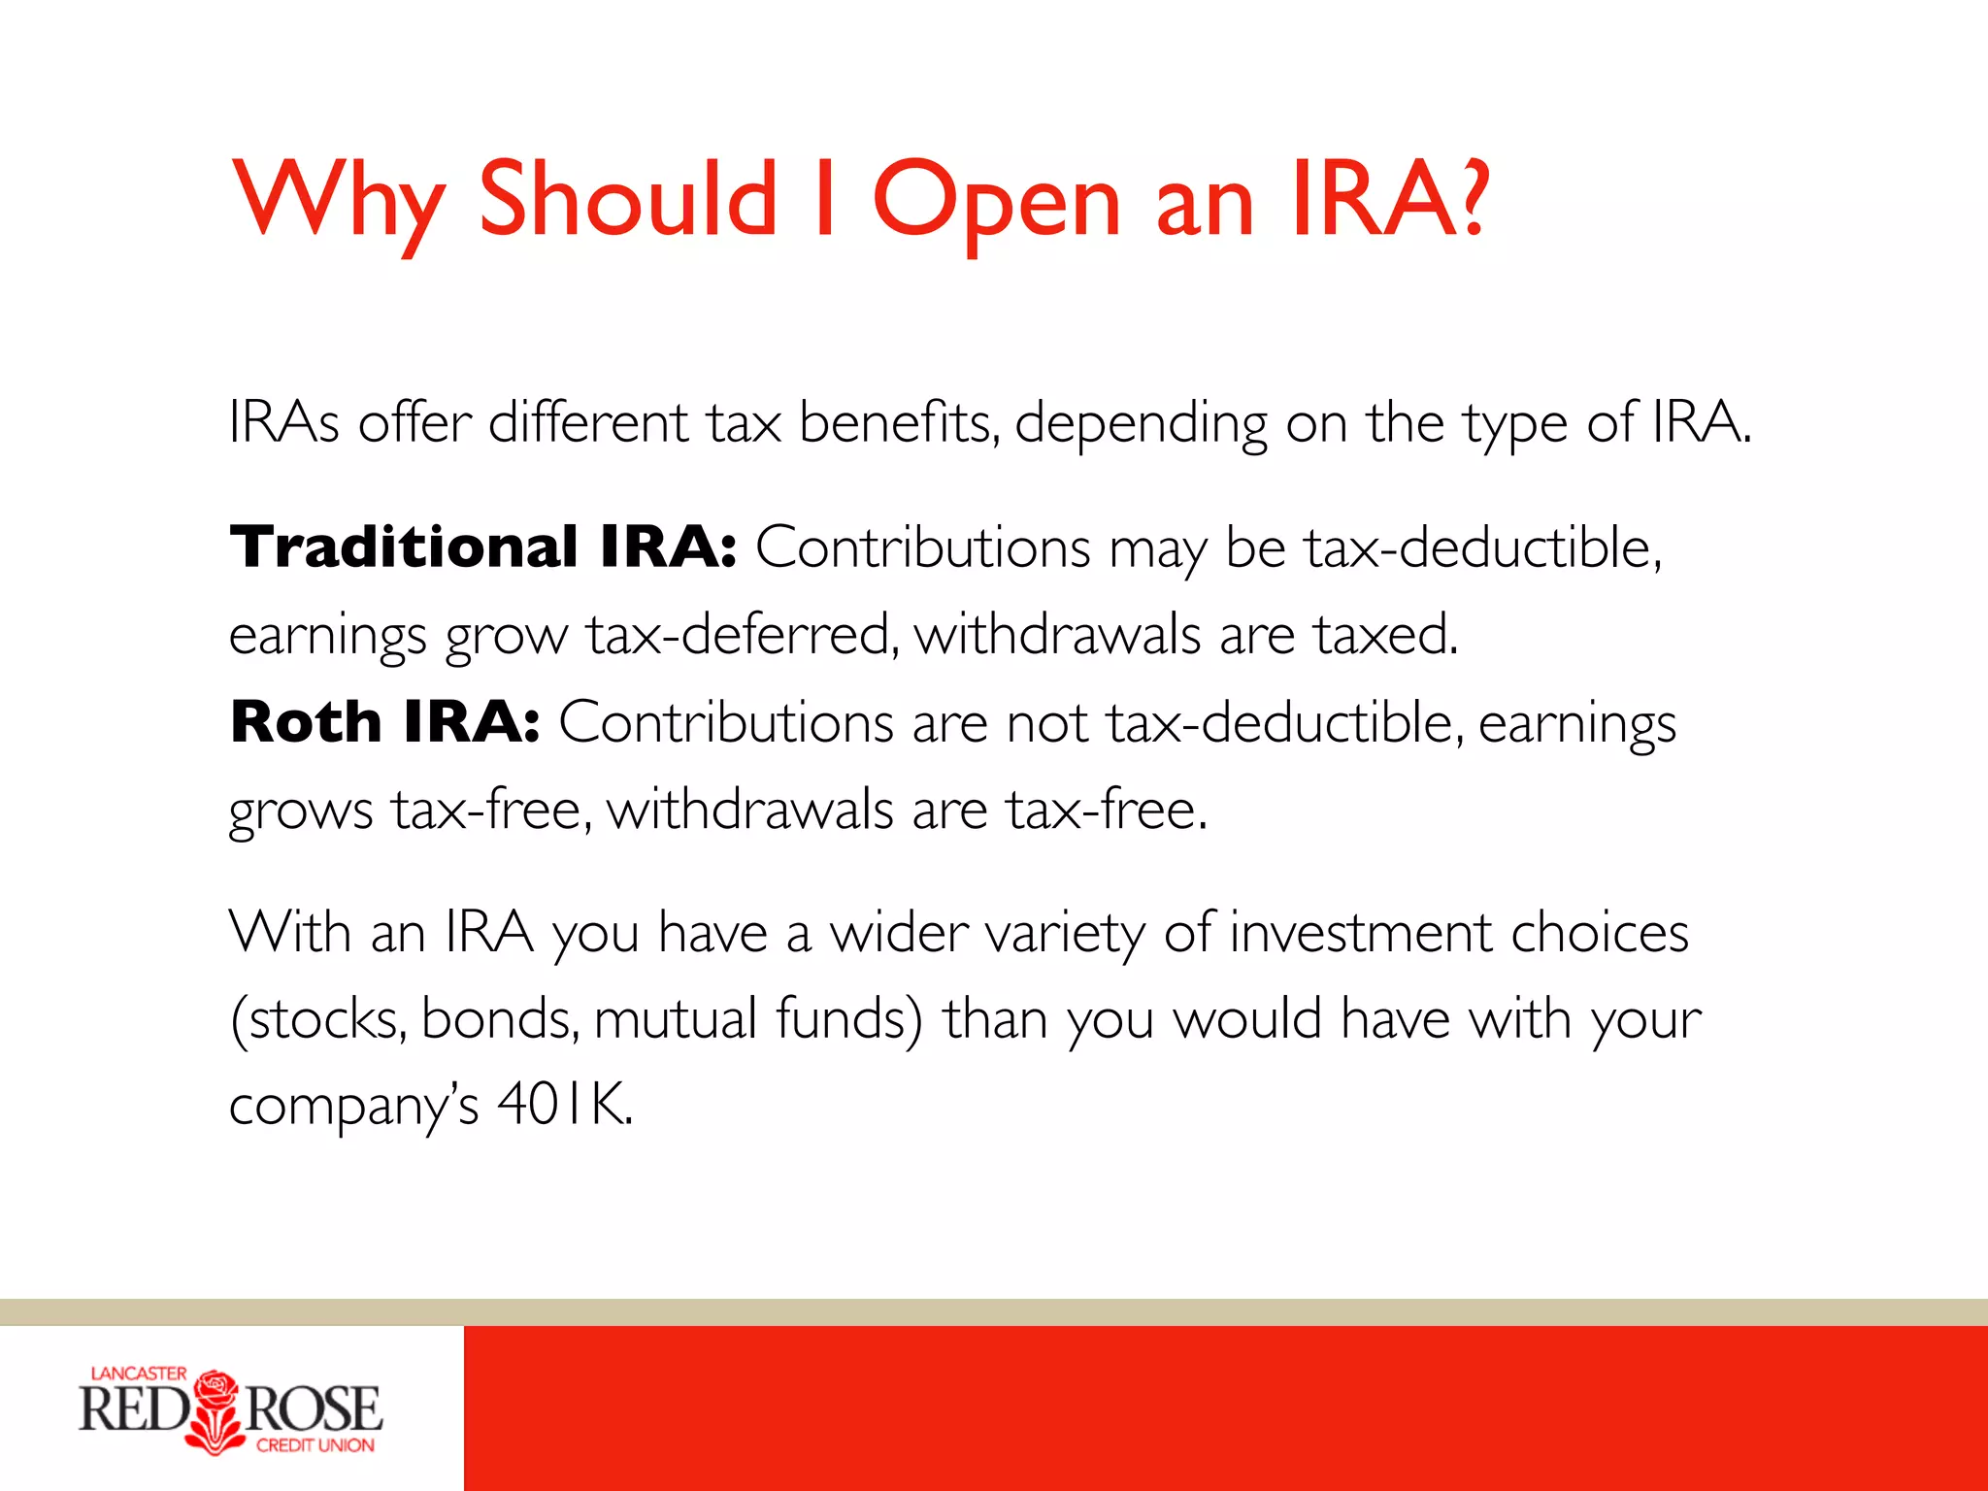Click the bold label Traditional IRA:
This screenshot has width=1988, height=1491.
tap(482, 547)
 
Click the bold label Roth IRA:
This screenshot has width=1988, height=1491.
tap(384, 722)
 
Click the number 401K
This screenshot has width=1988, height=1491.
tap(563, 1104)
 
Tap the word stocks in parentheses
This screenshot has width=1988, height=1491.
tap(326, 1019)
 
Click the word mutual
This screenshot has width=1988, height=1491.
tap(675, 1019)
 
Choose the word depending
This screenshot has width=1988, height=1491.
tap(1141, 424)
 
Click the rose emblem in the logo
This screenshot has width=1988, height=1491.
tap(216, 1410)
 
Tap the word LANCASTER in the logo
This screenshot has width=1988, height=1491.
tap(138, 1373)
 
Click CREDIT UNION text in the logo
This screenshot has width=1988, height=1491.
tap(315, 1445)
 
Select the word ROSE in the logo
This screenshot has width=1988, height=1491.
tap(313, 1409)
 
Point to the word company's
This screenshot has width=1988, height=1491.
tap(353, 1106)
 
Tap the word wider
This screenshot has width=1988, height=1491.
tap(899, 933)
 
